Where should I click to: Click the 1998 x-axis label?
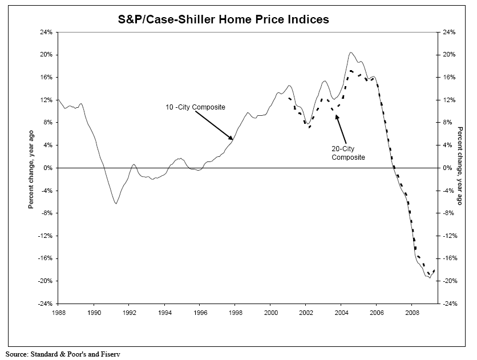pos(236,312)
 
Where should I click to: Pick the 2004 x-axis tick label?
pos(341,312)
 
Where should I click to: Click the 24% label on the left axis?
pos(46,33)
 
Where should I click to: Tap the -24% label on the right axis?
pos(448,304)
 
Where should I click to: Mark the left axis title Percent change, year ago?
pos(31,168)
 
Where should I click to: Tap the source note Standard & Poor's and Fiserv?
pos(64,354)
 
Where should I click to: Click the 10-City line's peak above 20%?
pos(351,52)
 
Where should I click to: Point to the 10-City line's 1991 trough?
pos(116,203)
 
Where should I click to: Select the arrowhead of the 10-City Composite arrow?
pos(232,139)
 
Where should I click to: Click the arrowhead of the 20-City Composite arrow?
pos(337,116)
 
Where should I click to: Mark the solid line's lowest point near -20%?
pos(430,277)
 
